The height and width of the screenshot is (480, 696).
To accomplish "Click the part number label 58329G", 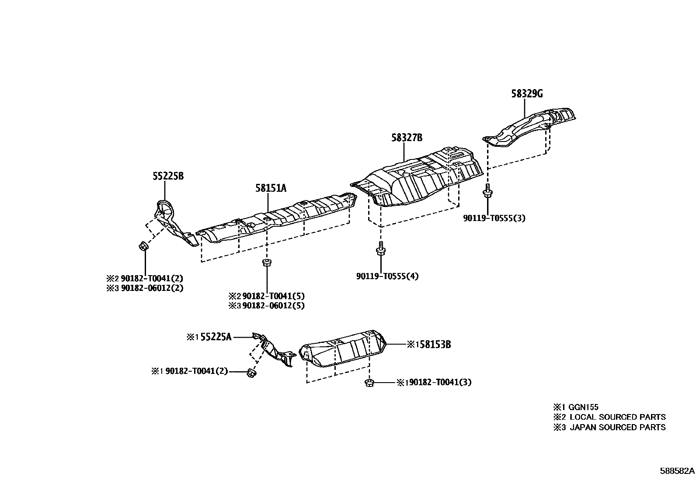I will pyautogui.click(x=527, y=93).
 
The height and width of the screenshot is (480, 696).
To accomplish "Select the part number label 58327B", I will pyautogui.click(x=407, y=138).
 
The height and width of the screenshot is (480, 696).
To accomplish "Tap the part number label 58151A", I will pyautogui.click(x=271, y=188).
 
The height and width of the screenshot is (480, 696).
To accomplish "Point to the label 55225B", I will pyautogui.click(x=168, y=176).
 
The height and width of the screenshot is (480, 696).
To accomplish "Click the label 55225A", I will pyautogui.click(x=216, y=337).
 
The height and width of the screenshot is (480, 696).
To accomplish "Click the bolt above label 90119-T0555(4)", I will pyautogui.click(x=380, y=249).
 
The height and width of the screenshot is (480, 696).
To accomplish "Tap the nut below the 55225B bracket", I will pyautogui.click(x=143, y=247).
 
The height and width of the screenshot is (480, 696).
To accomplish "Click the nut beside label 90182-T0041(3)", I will pyautogui.click(x=369, y=383).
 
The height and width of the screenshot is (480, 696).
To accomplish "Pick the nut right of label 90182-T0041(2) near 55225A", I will pyautogui.click(x=251, y=373).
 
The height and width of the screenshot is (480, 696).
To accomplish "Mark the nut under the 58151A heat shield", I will pyautogui.click(x=265, y=262).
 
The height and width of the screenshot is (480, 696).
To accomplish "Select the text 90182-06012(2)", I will pyautogui.click(x=152, y=288).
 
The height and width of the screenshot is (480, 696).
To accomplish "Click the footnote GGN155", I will pyautogui.click(x=583, y=407).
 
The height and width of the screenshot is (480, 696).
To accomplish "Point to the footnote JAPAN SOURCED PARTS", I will pyautogui.click(x=617, y=427).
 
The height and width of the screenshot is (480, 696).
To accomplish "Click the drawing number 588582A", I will pyautogui.click(x=677, y=471).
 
